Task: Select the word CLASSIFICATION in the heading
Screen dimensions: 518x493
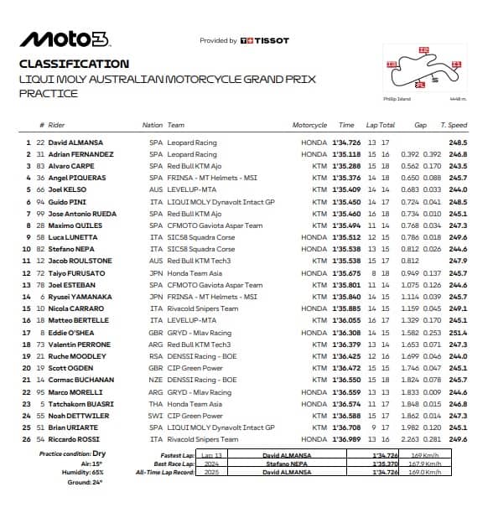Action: [74, 64]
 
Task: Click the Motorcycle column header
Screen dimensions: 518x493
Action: [309, 125]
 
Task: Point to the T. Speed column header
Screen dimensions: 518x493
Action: [453, 125]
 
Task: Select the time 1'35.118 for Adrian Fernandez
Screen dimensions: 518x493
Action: [348, 154]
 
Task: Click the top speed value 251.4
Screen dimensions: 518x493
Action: [458, 332]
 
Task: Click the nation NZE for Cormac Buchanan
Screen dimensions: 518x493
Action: [155, 380]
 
